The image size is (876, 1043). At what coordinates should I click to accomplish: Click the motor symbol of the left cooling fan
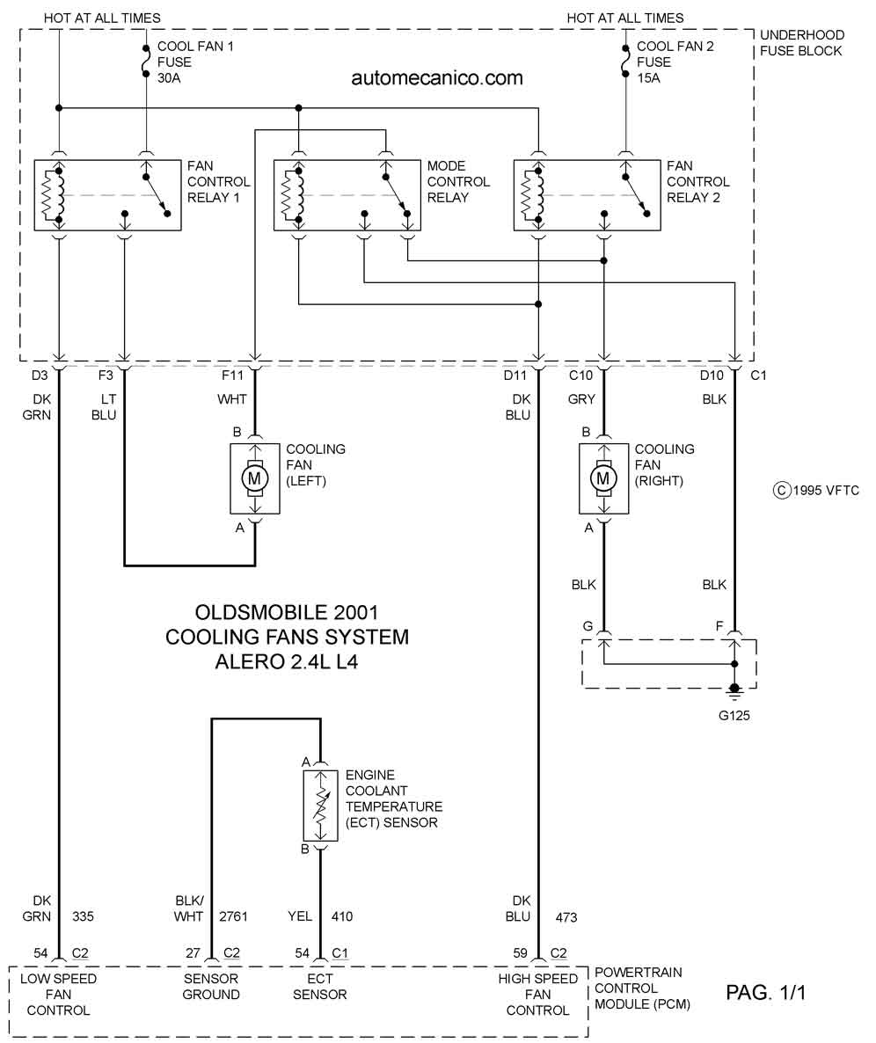255,478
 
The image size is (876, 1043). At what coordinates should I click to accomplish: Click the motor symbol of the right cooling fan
603,478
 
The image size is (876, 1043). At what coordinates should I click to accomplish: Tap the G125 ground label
734,716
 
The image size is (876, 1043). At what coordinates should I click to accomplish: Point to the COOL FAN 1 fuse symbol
146,62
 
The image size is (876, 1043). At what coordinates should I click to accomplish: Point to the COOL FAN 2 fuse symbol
625,62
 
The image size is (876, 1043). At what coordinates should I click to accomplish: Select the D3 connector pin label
40,376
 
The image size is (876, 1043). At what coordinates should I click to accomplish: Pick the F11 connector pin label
233,376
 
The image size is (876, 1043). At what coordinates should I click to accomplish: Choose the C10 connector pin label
580,376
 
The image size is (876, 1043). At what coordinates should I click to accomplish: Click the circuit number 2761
233,916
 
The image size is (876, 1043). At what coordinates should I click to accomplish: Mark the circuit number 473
566,918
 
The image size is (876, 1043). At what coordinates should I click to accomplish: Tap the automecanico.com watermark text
437,77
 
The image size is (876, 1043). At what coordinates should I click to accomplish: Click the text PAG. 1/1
765,993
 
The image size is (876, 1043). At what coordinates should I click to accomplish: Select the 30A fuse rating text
169,77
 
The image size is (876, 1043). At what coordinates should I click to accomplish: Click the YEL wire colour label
300,916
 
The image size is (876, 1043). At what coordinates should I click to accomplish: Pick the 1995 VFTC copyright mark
816,490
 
